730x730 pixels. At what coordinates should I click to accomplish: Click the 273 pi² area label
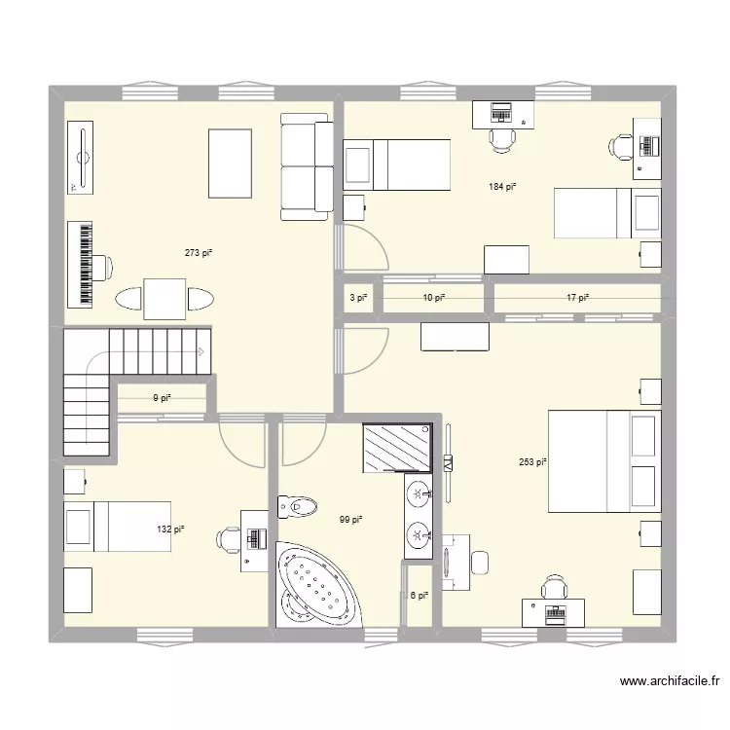coord(199,253)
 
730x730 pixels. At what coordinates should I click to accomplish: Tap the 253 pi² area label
coord(532,463)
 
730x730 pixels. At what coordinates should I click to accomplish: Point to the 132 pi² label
coord(171,529)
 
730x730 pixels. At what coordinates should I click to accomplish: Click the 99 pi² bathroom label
coord(350,520)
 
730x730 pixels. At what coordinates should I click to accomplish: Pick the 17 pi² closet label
coord(577,298)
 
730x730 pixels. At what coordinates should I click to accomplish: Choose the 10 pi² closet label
coord(433,298)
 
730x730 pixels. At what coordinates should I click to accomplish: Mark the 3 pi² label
coord(358,298)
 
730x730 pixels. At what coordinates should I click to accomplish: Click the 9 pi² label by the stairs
coord(162,397)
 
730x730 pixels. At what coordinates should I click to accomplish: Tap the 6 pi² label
coord(419,596)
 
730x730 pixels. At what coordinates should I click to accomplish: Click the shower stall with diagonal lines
coord(397,447)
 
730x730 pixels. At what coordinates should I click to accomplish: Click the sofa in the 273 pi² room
coord(307,165)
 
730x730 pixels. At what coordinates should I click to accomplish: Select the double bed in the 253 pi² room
coord(603,461)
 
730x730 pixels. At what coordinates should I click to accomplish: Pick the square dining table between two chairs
coord(164,298)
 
